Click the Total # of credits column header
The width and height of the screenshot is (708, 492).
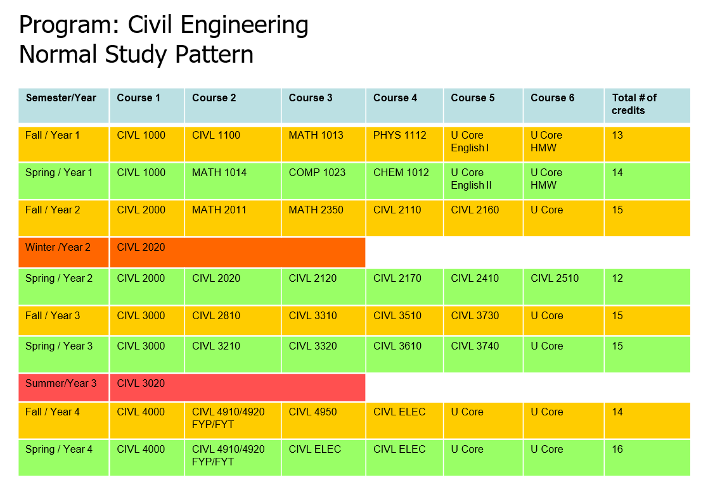pyautogui.click(x=634, y=104)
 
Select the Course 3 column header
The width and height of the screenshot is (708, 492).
pyautogui.click(x=311, y=98)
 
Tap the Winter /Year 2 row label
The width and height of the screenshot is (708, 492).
pyautogui.click(x=58, y=248)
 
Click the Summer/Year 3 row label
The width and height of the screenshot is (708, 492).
pyautogui.click(x=61, y=384)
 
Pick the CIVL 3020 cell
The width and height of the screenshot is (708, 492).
pyautogui.click(x=141, y=384)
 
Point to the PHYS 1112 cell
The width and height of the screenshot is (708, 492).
pyautogui.click(x=399, y=136)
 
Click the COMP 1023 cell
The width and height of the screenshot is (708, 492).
pyautogui.click(x=317, y=173)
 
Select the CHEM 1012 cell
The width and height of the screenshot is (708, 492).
pyautogui.click(x=401, y=173)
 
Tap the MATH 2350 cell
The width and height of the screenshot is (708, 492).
pyautogui.click(x=316, y=210)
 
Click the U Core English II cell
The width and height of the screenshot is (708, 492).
pyautogui.click(x=471, y=179)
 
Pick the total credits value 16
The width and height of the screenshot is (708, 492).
pyautogui.click(x=617, y=450)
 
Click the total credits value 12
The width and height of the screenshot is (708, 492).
pyautogui.click(x=617, y=279)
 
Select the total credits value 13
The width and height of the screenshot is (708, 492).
pyautogui.click(x=617, y=136)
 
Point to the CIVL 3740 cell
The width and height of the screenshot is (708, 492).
pyautogui.click(x=475, y=346)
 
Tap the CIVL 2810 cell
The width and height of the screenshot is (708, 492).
pyautogui.click(x=216, y=316)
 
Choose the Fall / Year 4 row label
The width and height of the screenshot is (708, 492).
pyautogui.click(x=53, y=412)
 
